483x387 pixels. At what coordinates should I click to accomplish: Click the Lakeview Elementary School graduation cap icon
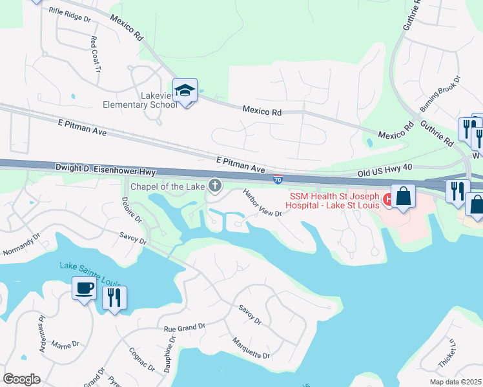(x=185, y=91)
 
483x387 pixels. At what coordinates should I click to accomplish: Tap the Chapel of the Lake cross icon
(x=215, y=186)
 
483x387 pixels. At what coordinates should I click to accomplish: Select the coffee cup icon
(x=84, y=289)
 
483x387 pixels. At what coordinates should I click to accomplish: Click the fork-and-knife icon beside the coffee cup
(x=115, y=297)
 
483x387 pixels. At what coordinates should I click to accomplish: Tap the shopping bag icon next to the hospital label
(x=403, y=196)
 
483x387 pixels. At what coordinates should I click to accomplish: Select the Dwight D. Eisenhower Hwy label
(x=107, y=169)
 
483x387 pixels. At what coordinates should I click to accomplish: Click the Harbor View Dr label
(x=262, y=203)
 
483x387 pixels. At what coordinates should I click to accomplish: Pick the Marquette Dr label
(x=251, y=348)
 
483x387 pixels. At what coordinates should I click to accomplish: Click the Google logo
(x=21, y=379)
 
